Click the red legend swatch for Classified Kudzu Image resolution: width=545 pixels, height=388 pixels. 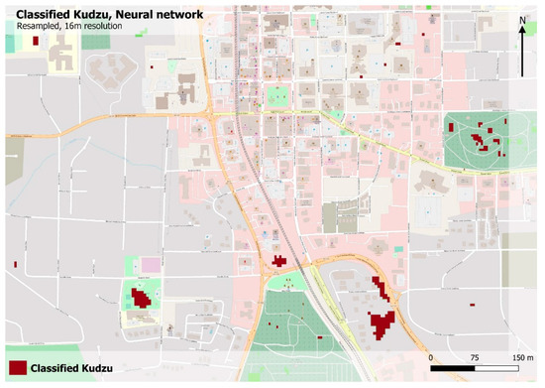click(x=16, y=368)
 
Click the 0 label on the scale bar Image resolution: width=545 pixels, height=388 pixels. click(x=431, y=355)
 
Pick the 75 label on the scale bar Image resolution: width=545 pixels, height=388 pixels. click(x=474, y=355)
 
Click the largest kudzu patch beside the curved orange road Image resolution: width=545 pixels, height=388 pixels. click(x=380, y=323)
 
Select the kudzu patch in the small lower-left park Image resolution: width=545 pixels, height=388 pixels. click(x=142, y=297)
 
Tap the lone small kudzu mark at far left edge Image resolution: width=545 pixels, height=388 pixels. click(x=17, y=263)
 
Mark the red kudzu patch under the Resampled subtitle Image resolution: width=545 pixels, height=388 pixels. click(x=152, y=65)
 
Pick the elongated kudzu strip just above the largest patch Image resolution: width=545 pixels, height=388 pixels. click(x=379, y=289)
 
